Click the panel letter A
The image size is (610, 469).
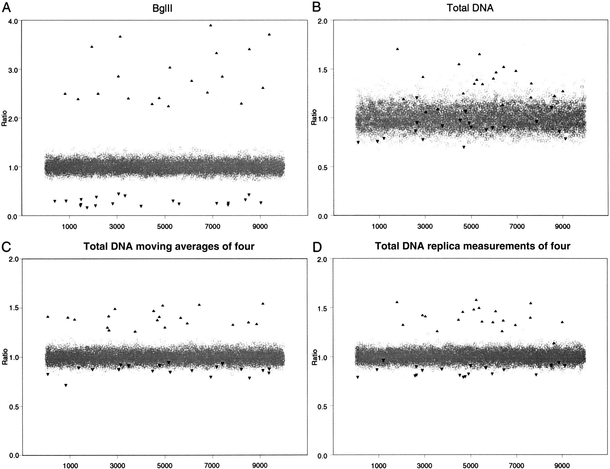pyautogui.click(x=6, y=7)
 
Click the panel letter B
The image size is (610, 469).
pyautogui.click(x=316, y=7)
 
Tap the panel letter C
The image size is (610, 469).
pyautogui.click(x=6, y=247)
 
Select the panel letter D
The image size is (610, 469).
pyautogui.click(x=317, y=247)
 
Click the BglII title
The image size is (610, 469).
pyautogui.click(x=162, y=8)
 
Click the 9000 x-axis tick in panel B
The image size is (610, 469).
pyautogui.click(x=563, y=226)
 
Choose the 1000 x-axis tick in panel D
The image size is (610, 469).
pyautogui.click(x=379, y=466)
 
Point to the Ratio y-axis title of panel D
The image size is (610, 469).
pyautogui.click(x=314, y=357)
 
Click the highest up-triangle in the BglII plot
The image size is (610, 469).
pyautogui.click(x=210, y=25)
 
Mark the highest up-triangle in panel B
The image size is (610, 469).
pyautogui.click(x=398, y=49)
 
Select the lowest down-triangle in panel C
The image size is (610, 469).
pyautogui.click(x=66, y=385)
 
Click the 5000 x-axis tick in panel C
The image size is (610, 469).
pyautogui.click(x=165, y=466)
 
